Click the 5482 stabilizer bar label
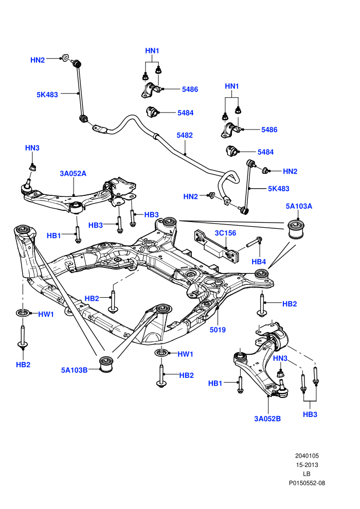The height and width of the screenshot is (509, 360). tap(185, 135)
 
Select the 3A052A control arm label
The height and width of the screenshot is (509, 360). tap(73, 173)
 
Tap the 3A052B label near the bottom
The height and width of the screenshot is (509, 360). tap(267, 419)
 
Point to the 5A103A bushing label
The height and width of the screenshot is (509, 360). tap(299, 206)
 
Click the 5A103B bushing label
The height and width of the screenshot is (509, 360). tap(75, 370)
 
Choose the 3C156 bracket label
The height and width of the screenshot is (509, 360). tap(225, 233)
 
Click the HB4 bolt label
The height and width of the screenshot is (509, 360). tap(259, 262)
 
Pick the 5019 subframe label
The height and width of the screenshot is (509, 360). tap(218, 330)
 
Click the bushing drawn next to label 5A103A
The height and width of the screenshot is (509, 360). tap(297, 229)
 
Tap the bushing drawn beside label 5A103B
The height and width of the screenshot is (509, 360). tap(106, 364)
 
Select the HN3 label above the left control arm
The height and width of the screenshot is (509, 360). tap(32, 148)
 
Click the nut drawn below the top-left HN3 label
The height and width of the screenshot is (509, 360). tap(32, 167)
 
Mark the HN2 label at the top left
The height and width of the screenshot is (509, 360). tap(38, 60)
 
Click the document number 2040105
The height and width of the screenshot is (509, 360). tap(307, 456)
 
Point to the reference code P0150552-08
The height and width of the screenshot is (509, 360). tap(307, 483)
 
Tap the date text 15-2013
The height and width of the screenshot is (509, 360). tap(307, 465)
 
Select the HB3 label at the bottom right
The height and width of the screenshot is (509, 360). tap(310, 414)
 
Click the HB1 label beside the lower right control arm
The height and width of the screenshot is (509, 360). tap(215, 384)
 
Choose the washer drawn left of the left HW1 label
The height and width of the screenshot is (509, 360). tap(23, 313)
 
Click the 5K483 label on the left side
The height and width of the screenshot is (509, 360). tap(47, 95)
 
